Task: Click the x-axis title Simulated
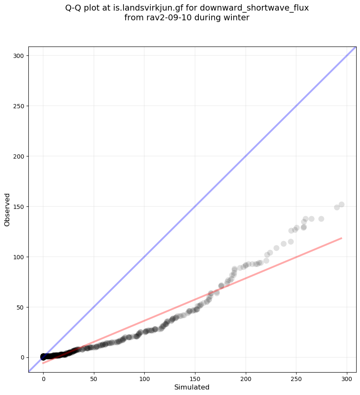(192, 387)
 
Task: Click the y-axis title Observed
(7, 209)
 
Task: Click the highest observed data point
(341, 204)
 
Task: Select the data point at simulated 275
(321, 219)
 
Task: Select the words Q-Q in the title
(73, 8)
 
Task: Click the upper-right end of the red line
(341, 238)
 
